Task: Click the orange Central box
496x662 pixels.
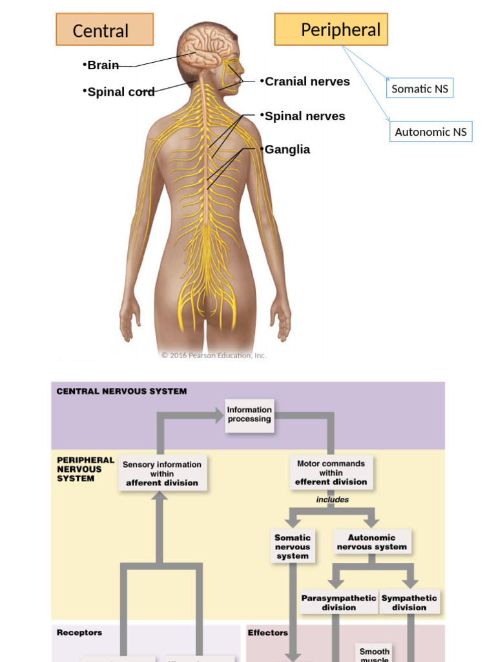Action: tap(105, 30)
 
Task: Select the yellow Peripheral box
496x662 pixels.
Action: tap(331, 30)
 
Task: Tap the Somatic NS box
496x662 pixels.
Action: tap(420, 89)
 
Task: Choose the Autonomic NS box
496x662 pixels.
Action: tap(431, 132)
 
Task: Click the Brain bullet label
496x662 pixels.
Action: tap(102, 65)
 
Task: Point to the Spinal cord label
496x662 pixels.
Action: tap(120, 92)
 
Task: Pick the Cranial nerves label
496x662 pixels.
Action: tap(306, 81)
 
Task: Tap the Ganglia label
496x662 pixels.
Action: tap(286, 149)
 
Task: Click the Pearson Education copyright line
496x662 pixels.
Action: tap(214, 355)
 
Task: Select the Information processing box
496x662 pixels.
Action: tap(249, 414)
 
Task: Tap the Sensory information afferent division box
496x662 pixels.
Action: tap(162, 473)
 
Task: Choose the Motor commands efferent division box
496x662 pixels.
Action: tap(331, 473)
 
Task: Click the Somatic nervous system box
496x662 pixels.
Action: tap(293, 546)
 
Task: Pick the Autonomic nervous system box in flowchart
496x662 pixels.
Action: tap(372, 542)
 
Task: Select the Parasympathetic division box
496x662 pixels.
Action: tap(338, 603)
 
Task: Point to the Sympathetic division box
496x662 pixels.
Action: tap(409, 603)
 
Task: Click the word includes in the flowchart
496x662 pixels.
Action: tap(333, 500)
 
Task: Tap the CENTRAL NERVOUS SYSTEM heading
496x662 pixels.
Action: tap(121, 391)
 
